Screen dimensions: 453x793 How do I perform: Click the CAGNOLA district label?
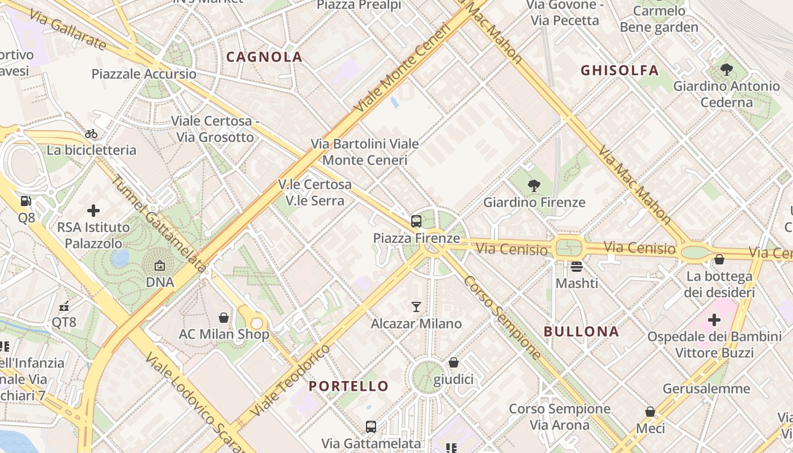[x=264, y=57]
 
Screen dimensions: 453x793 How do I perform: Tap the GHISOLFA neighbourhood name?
[x=620, y=70]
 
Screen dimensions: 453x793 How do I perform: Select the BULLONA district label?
[x=581, y=331]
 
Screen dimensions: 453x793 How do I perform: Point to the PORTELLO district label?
[x=348, y=386]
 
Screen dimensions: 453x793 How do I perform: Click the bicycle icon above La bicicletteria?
[x=91, y=134]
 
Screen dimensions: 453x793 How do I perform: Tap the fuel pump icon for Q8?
[x=25, y=201]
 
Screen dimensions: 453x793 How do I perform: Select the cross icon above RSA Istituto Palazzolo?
[x=93, y=211]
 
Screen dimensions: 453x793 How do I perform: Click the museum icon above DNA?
[x=160, y=265]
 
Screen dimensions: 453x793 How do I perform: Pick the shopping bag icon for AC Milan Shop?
[x=224, y=318]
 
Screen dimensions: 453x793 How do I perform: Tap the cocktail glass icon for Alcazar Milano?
[x=416, y=307]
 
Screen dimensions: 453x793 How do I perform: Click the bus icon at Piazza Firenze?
[x=416, y=221]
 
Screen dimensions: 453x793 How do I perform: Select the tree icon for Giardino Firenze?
[x=534, y=185]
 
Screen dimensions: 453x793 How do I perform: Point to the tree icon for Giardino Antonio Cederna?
[x=726, y=70]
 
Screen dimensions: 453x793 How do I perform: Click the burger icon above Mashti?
[x=577, y=266]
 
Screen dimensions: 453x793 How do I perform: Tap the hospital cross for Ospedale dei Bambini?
[x=714, y=320]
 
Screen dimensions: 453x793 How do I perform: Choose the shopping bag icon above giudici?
[x=453, y=362]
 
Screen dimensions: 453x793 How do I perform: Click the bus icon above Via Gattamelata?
[x=371, y=426]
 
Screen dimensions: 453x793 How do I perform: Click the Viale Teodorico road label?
[x=291, y=380]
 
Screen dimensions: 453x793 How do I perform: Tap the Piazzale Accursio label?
[x=144, y=74]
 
